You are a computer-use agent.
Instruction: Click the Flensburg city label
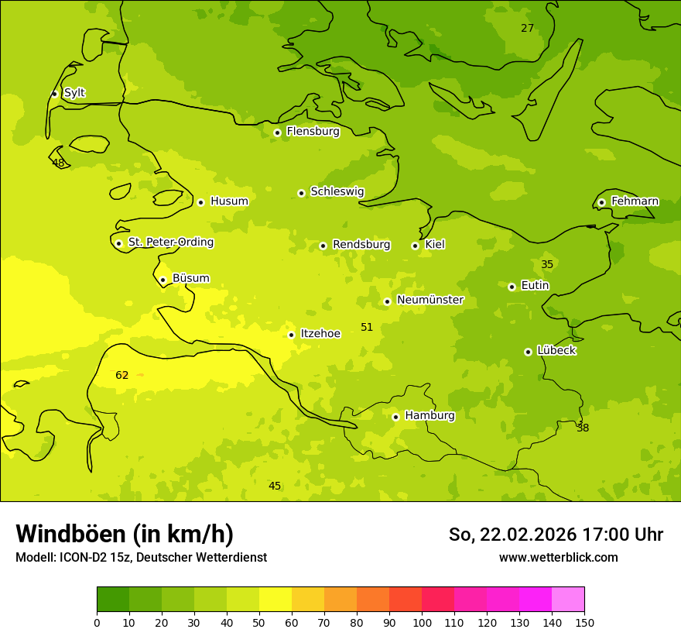click(x=313, y=132)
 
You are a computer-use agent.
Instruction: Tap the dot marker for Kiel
click(x=415, y=246)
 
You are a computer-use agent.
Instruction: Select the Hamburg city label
click(x=429, y=416)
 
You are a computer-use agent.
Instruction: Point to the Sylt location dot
click(x=54, y=94)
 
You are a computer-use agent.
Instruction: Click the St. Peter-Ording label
click(x=170, y=242)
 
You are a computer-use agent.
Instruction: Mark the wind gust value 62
click(x=122, y=376)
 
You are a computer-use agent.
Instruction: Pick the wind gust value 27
click(x=527, y=29)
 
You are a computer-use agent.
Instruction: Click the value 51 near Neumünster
click(x=367, y=328)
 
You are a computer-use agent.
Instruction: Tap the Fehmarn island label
click(x=635, y=201)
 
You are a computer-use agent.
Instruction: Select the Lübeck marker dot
click(x=528, y=352)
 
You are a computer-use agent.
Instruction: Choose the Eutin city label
click(x=535, y=286)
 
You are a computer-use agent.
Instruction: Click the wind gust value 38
click(x=583, y=428)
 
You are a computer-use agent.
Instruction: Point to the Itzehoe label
click(x=320, y=334)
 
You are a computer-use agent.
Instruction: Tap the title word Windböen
click(x=70, y=534)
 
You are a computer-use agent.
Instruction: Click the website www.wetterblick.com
click(x=558, y=558)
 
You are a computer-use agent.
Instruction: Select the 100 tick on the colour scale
click(x=422, y=622)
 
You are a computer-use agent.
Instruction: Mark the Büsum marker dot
click(x=163, y=280)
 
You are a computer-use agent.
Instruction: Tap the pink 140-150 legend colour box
click(x=568, y=600)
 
